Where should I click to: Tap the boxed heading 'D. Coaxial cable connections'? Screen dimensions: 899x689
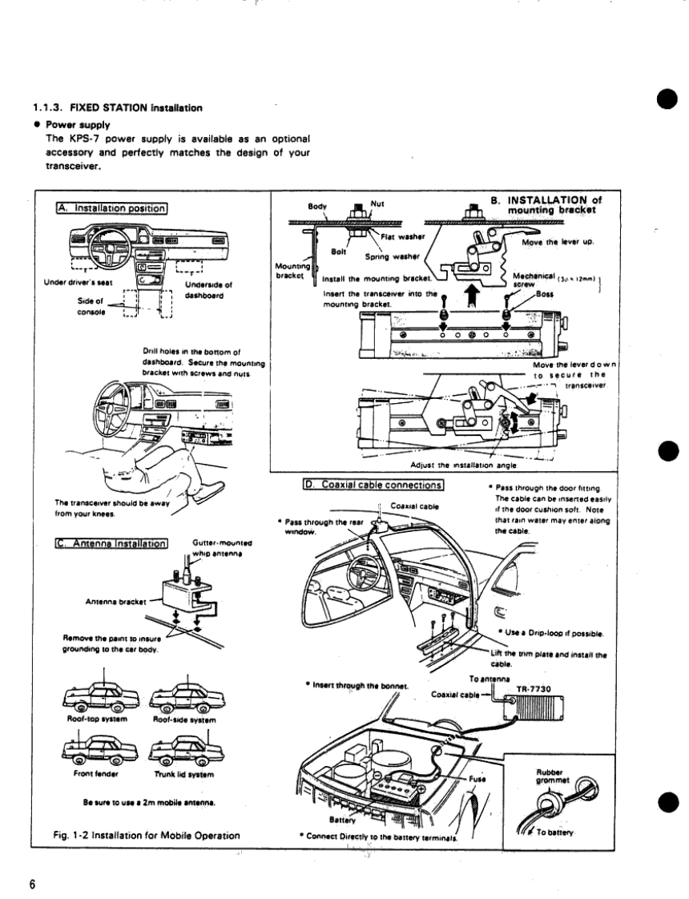coord(373,484)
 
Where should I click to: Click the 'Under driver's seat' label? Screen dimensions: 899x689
coord(75,282)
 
